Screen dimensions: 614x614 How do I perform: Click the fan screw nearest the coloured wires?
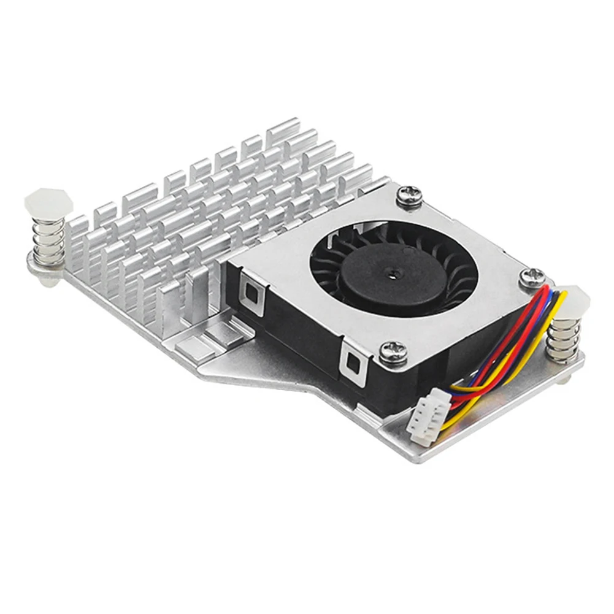click(532, 278)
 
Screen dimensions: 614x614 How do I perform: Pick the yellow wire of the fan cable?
click(491, 393)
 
